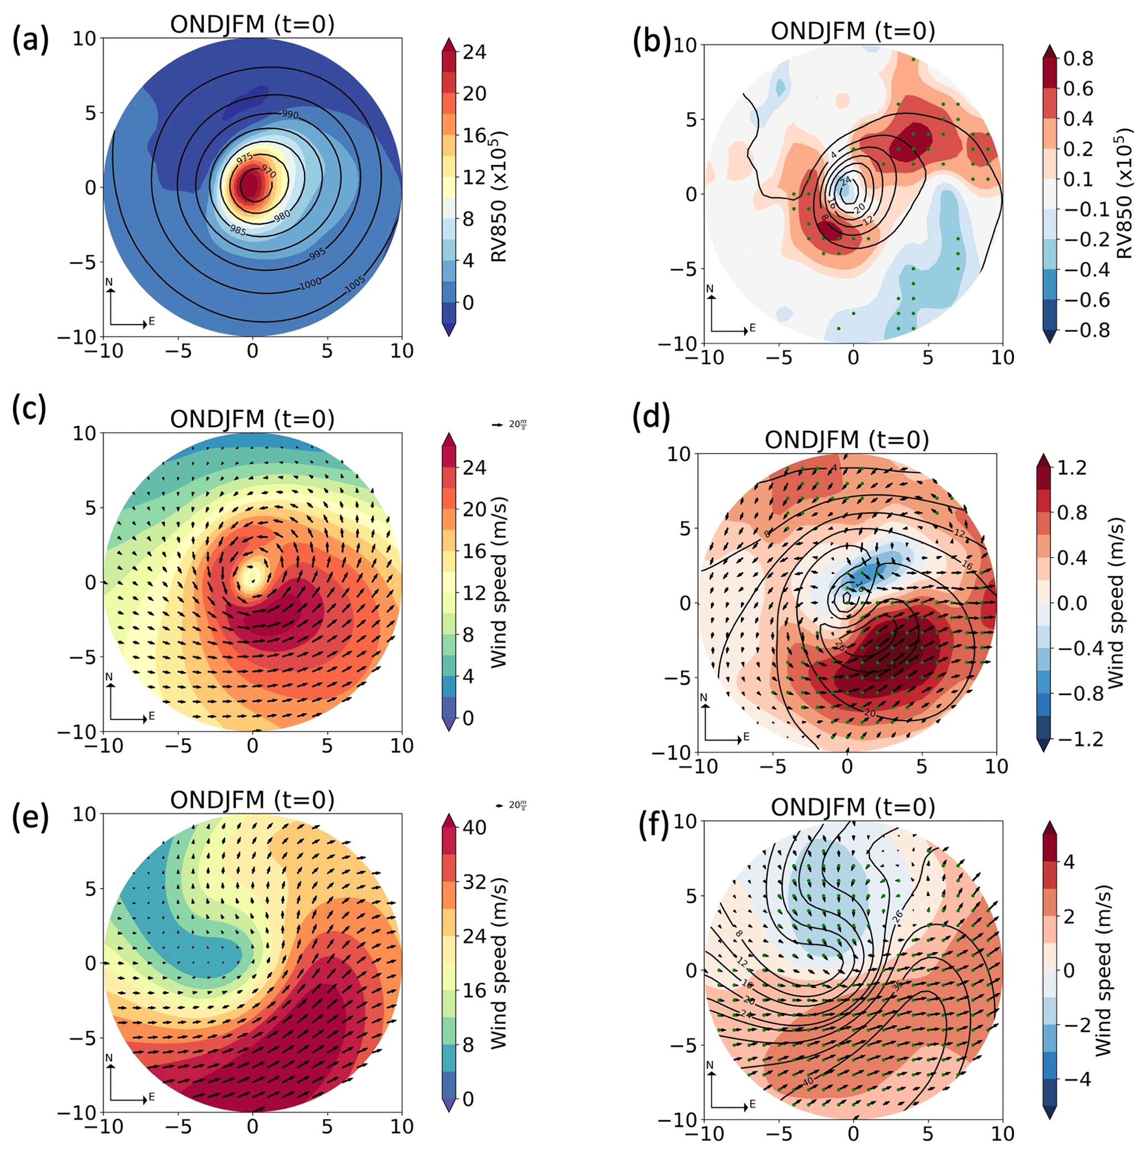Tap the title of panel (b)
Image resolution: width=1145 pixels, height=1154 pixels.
[x=853, y=30]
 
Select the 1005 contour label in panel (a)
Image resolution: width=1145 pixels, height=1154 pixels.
[x=354, y=286]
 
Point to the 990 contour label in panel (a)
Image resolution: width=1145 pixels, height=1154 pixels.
[x=290, y=114]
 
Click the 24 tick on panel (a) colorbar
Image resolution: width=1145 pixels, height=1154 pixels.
[x=474, y=52]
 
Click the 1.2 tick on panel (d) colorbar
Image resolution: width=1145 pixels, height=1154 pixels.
[x=1071, y=467]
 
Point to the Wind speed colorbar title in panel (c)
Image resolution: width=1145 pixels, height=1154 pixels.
[x=499, y=582]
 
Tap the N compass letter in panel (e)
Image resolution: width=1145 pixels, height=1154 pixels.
[x=109, y=1057]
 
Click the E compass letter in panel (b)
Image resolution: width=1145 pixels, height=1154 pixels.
[x=752, y=328]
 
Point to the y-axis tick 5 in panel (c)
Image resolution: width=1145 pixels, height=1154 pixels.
[x=91, y=507]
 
